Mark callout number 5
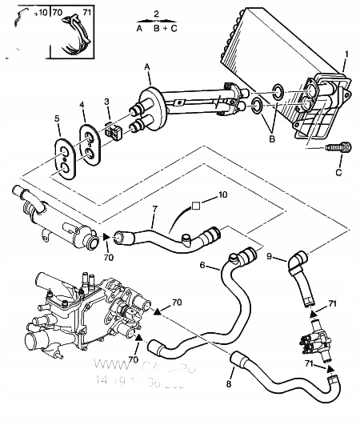pyautogui.click(x=57, y=119)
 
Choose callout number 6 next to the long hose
pyautogui.click(x=203, y=265)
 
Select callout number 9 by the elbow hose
pyautogui.click(x=270, y=256)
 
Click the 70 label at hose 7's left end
pyautogui.click(x=109, y=259)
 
